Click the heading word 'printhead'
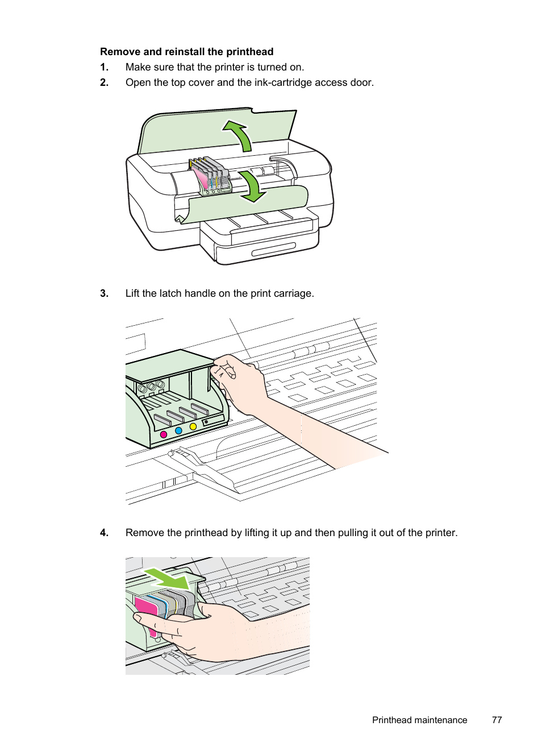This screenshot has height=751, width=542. [x=249, y=52]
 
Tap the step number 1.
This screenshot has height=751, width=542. [x=104, y=67]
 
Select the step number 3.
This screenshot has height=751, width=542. [x=104, y=293]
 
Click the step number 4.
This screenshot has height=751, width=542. [x=104, y=533]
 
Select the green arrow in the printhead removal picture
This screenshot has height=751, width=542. [x=167, y=578]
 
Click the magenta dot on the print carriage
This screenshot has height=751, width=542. [x=164, y=434]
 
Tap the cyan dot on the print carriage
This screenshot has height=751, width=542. [x=178, y=431]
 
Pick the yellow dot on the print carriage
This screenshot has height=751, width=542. [x=193, y=426]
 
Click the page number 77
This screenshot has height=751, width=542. [x=497, y=720]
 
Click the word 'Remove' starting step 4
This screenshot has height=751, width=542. [x=143, y=533]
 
